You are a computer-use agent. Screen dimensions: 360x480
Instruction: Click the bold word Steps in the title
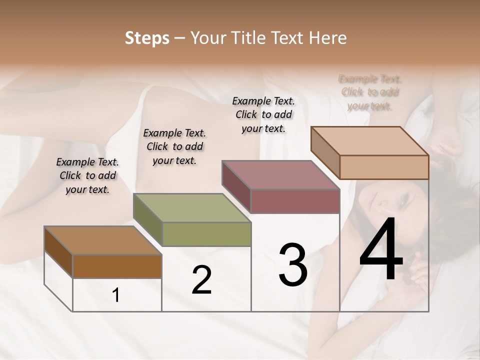point(147,38)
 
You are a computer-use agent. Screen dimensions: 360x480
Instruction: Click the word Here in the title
point(327,38)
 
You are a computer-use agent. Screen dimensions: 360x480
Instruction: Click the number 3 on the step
point(293,265)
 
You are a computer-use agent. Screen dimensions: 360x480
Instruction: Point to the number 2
point(201,280)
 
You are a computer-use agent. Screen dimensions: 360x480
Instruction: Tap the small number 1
point(116,295)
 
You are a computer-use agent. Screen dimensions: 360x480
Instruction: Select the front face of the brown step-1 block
point(117,266)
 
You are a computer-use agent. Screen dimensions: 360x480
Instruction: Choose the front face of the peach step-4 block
point(384,167)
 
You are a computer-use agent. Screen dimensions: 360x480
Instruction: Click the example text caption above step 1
point(87,176)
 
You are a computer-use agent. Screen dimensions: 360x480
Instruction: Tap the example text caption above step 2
point(174,147)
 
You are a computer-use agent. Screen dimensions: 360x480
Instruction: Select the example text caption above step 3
point(263,114)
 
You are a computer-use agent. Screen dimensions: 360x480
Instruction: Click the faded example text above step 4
point(370,92)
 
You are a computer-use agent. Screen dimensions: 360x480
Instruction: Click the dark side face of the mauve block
point(236,187)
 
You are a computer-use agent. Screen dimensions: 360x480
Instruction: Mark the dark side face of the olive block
point(147,220)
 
